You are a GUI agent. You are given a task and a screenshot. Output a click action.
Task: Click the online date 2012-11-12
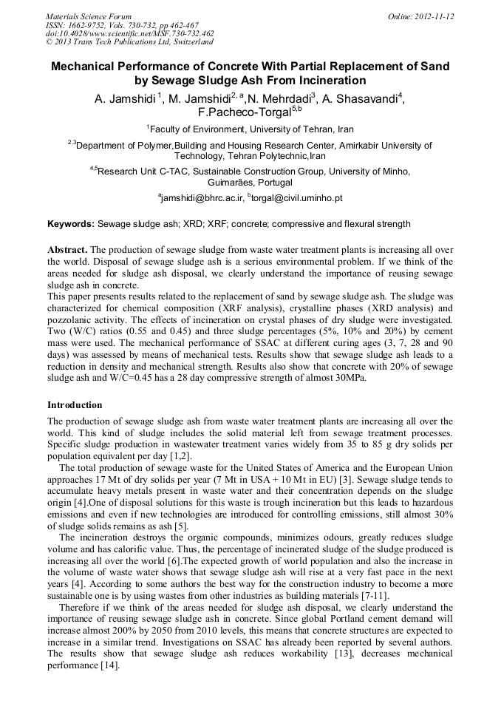[433, 16]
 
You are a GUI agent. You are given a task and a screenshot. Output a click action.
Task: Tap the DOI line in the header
[129, 33]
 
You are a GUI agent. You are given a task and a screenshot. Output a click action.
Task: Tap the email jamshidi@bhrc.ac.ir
[202, 198]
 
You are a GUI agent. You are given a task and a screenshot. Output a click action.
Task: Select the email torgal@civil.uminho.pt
[297, 198]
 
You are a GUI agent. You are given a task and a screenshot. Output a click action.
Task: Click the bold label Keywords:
[71, 223]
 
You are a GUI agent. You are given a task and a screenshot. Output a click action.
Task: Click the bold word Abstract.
[67, 250]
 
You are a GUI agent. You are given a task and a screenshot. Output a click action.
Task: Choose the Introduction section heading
[75, 405]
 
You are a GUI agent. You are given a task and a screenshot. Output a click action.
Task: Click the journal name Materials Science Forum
[89, 16]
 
